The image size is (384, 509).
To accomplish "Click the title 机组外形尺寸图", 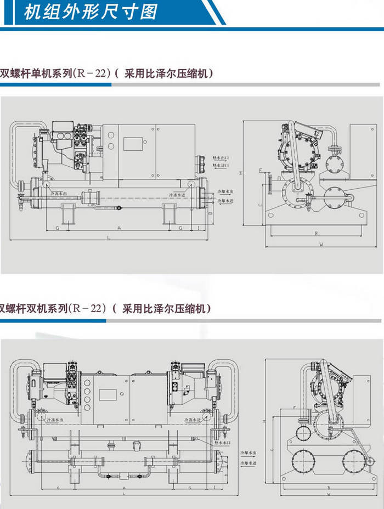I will [x=91, y=12].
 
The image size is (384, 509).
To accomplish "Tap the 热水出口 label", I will [x=221, y=157].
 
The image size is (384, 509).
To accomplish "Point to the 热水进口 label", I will [x=221, y=165].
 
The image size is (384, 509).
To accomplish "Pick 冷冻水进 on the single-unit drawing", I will [x=177, y=195].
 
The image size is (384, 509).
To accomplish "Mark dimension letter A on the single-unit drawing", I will [x=118, y=227].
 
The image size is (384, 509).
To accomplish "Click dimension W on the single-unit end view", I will [x=321, y=244].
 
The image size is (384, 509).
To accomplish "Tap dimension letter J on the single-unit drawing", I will [x=198, y=227].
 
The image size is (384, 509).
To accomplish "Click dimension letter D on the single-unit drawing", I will [x=210, y=212].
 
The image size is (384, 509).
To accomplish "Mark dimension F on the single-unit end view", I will [x=261, y=171].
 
